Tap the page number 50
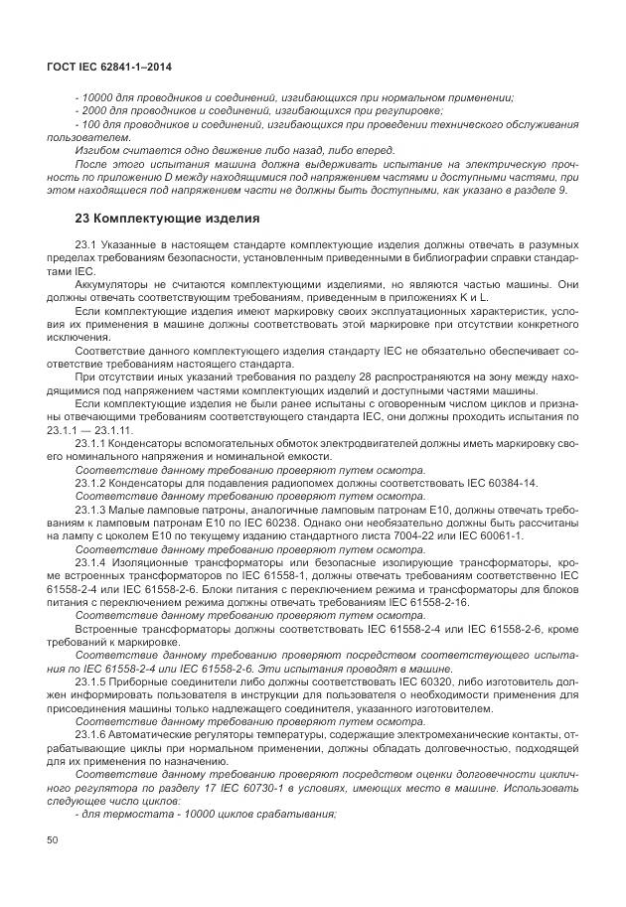pos(53,840)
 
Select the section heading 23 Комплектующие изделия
pos(168,218)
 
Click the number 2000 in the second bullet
pos(94,110)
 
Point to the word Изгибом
pos(100,149)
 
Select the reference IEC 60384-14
pos(494,483)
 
